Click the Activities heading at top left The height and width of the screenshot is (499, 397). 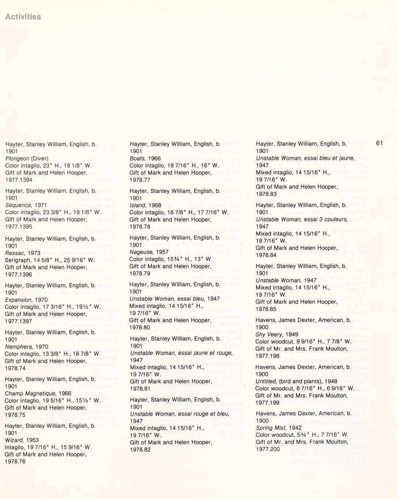pyautogui.click(x=23, y=17)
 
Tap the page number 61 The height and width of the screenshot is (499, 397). pyautogui.click(x=379, y=143)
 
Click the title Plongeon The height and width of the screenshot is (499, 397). pyautogui.click(x=17, y=158)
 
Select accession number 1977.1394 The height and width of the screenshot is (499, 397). pyautogui.click(x=18, y=180)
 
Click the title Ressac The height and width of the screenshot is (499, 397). pyautogui.click(x=15, y=253)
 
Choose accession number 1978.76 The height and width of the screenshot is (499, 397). pyautogui.click(x=15, y=461)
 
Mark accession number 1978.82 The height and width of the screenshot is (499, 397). pyautogui.click(x=140, y=449)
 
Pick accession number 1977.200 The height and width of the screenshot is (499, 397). pyautogui.click(x=268, y=449)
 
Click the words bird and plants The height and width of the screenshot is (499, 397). pyautogui.click(x=309, y=381)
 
